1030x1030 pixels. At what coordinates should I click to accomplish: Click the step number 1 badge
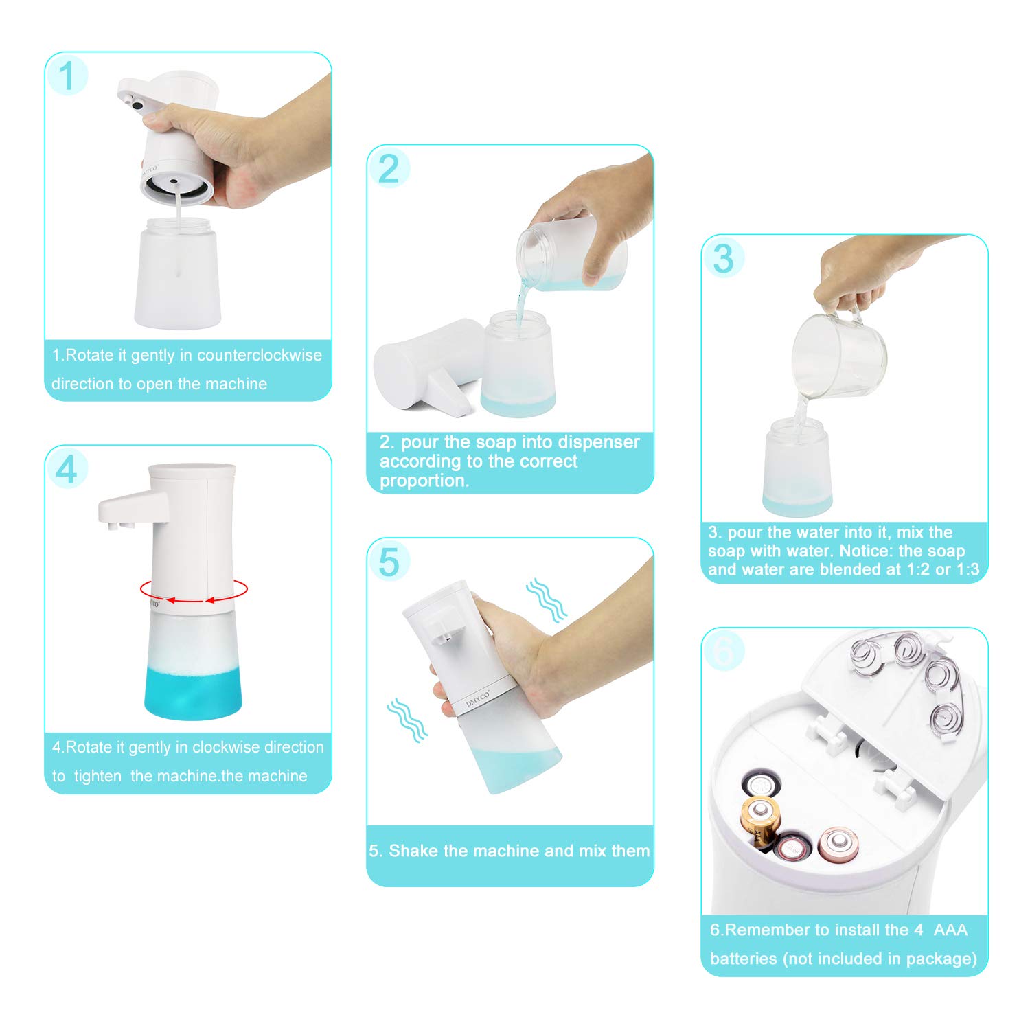pos(67,76)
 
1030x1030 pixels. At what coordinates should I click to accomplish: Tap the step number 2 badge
pos(389,169)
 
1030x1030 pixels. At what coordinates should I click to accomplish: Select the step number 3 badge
pos(723,259)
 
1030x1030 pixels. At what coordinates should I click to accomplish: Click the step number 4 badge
pos(67,470)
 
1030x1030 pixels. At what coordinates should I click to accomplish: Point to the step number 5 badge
pos(389,562)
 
